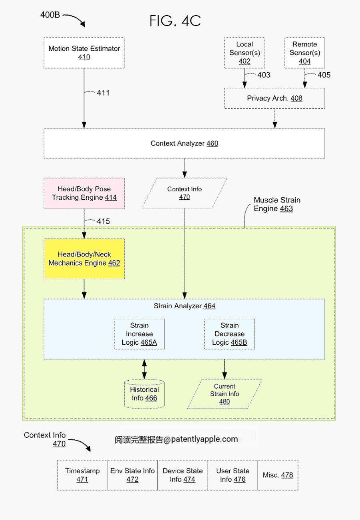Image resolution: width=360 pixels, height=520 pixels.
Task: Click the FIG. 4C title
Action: [175, 21]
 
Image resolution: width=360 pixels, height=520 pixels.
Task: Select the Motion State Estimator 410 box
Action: [84, 53]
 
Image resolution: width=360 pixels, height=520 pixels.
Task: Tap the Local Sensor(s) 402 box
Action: [245, 53]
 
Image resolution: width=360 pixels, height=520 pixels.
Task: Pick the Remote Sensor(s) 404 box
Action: [305, 53]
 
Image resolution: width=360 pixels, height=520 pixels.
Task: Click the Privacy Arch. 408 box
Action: [274, 98]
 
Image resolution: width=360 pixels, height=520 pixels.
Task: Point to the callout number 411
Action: [103, 93]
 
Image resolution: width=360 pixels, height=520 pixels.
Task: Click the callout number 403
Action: [264, 75]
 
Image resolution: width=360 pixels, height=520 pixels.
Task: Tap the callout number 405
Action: [324, 75]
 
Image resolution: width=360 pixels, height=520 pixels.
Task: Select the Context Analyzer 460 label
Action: [185, 143]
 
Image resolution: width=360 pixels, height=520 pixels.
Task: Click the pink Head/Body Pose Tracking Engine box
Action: [84, 193]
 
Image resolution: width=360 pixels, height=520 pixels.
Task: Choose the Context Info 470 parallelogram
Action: [185, 193]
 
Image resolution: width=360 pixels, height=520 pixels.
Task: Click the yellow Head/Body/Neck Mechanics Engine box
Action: [84, 259]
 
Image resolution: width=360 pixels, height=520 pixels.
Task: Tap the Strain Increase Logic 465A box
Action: [139, 334]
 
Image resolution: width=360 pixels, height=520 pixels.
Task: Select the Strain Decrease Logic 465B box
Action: [229, 334]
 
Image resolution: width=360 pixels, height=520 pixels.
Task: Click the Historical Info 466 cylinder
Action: [144, 394]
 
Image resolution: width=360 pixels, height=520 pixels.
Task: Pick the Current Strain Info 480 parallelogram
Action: [225, 394]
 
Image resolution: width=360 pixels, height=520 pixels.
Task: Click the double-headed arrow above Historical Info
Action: [144, 369]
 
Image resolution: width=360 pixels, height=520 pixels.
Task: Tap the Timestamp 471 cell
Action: [82, 475]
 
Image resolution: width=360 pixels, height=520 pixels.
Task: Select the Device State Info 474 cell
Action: [183, 475]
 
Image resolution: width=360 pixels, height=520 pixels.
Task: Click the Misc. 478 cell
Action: [278, 475]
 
